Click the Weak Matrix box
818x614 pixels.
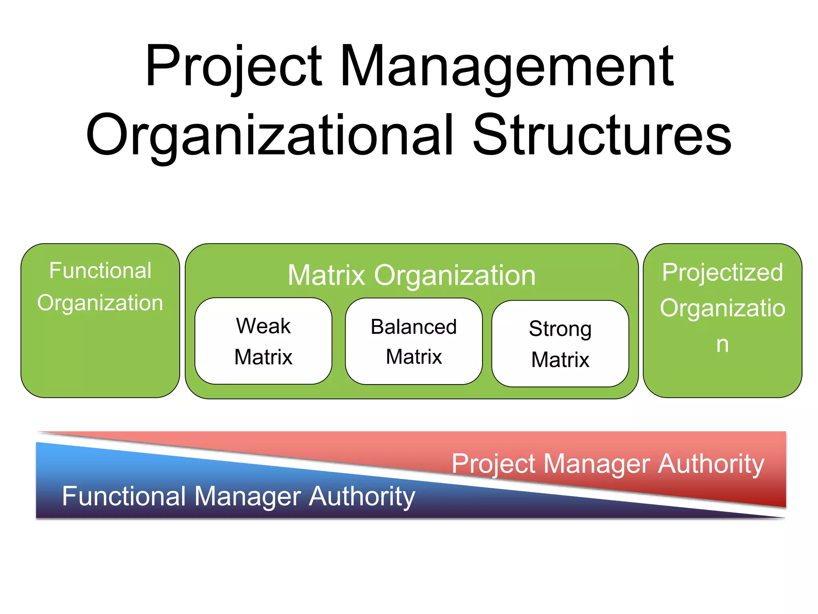pyautogui.click(x=263, y=341)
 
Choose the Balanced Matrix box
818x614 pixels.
pyautogui.click(x=414, y=341)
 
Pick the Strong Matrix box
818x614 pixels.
pyautogui.click(x=560, y=344)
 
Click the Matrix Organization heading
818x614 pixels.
pyautogui.click(x=411, y=275)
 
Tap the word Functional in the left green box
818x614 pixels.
pyautogui.click(x=100, y=271)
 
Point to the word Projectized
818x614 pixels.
pyautogui.click(x=722, y=272)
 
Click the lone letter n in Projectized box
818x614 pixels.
pyautogui.click(x=722, y=345)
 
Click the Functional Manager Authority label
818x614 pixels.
pyautogui.click(x=238, y=496)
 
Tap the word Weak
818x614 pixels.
pyautogui.click(x=263, y=326)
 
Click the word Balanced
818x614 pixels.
pyautogui.click(x=414, y=327)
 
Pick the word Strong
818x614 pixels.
pyautogui.click(x=560, y=329)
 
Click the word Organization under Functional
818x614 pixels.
pyautogui.click(x=100, y=303)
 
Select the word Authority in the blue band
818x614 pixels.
pyautogui.click(x=362, y=496)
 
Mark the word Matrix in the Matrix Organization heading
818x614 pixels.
pyautogui.click(x=326, y=275)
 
